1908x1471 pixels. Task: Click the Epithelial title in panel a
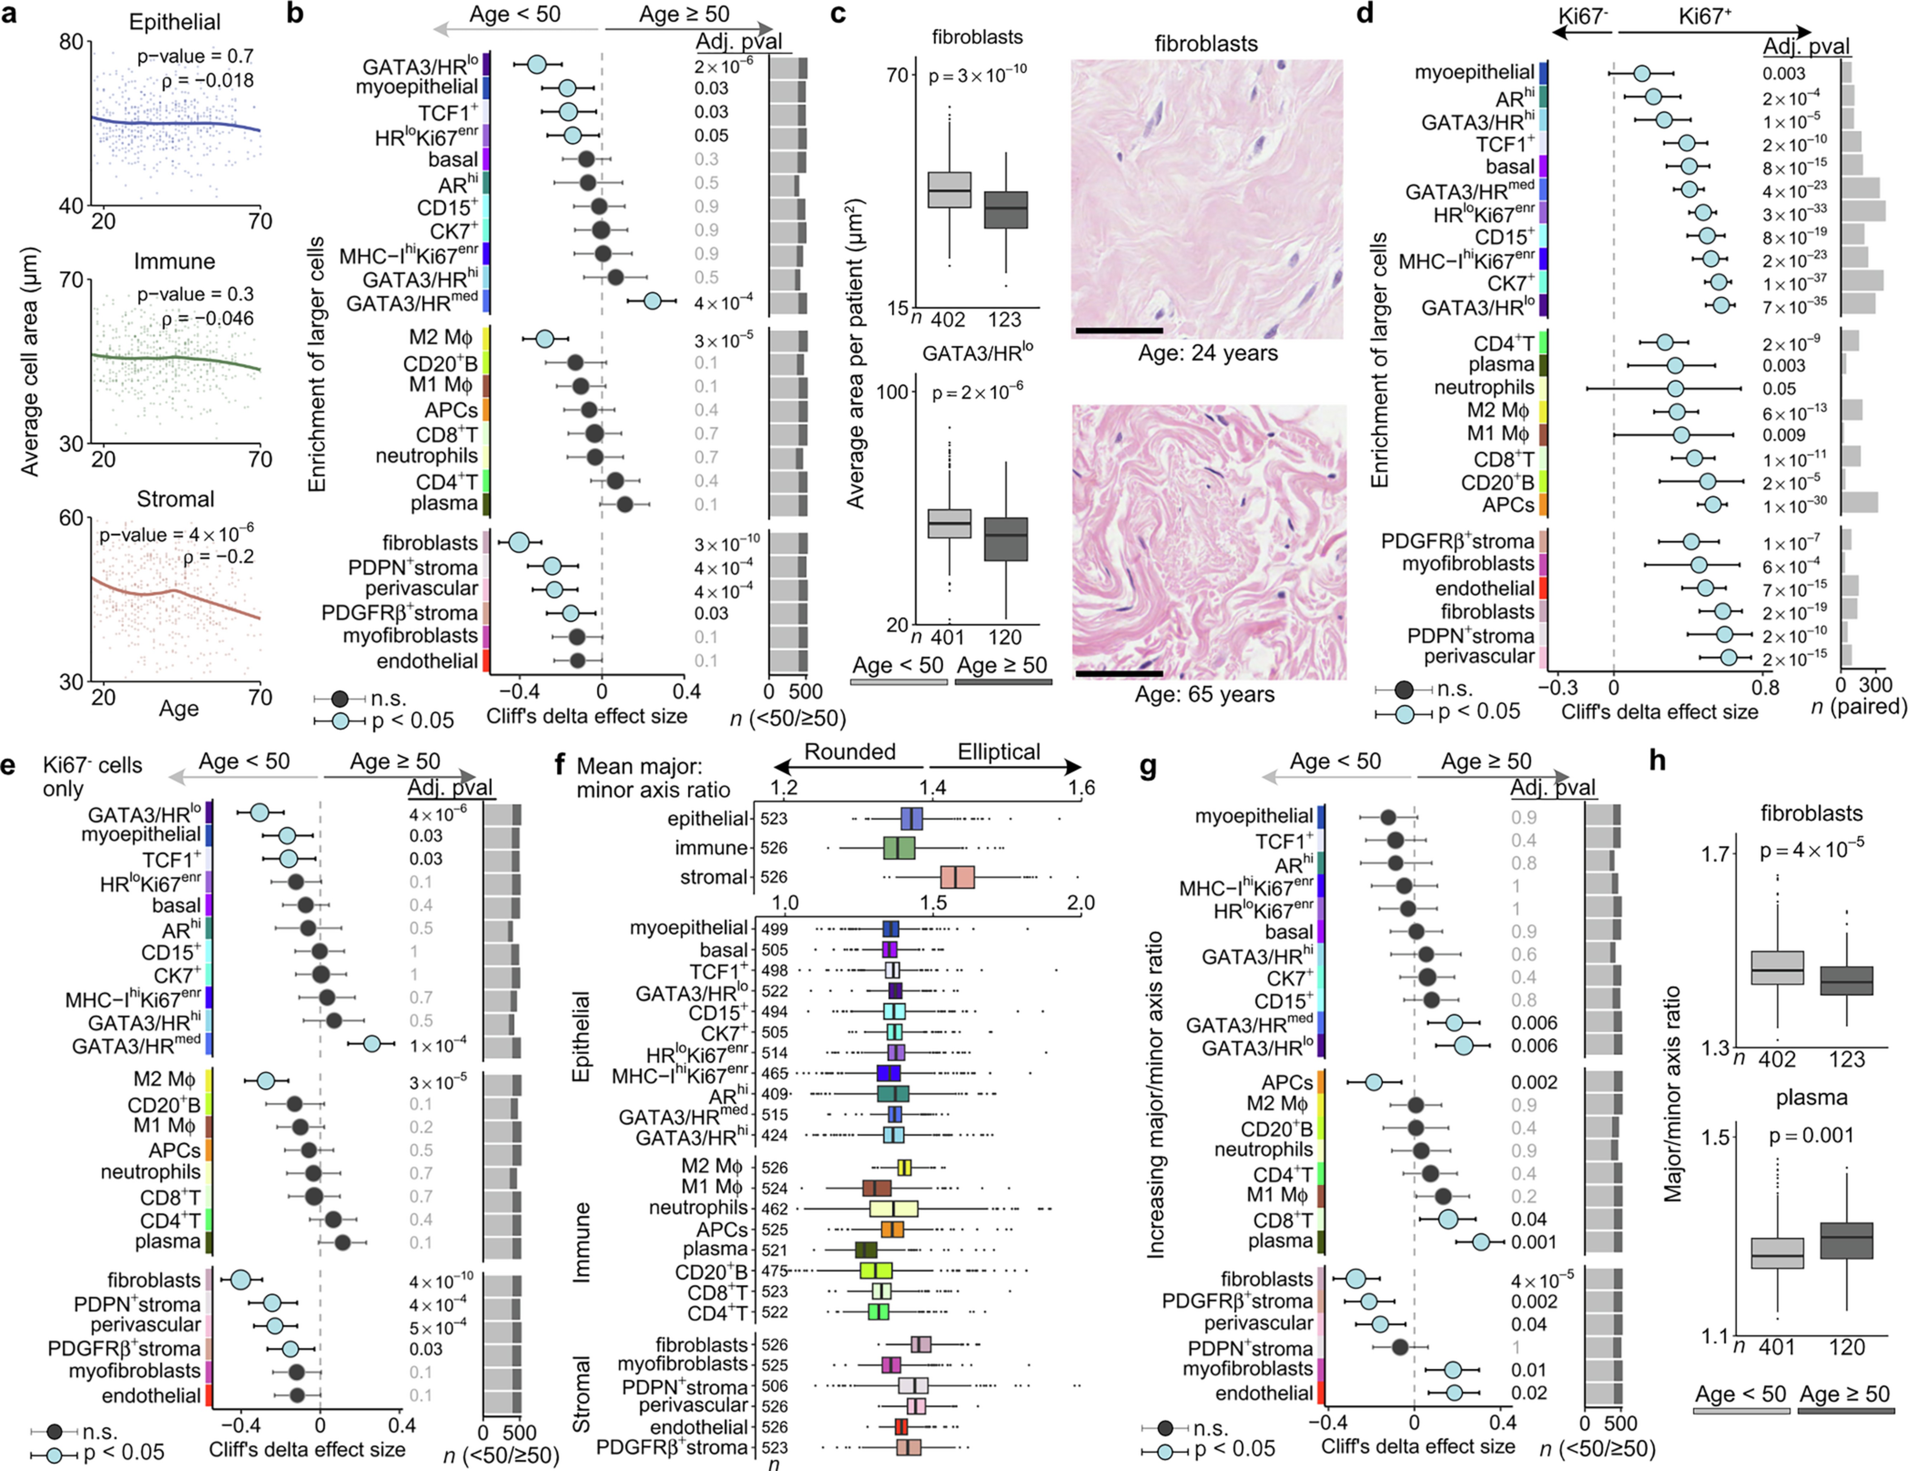point(175,22)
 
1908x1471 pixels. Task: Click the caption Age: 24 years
point(1207,353)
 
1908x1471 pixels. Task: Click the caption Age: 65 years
point(1204,695)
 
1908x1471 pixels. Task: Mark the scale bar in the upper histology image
point(1119,330)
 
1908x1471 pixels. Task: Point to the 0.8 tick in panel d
point(1766,687)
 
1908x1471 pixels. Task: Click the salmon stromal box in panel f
point(957,878)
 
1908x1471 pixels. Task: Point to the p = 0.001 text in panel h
point(1811,1135)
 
